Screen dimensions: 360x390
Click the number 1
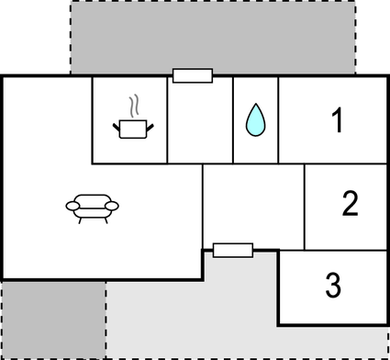pos(338,119)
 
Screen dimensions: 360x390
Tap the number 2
pos(350,204)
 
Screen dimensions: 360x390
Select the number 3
pos(333,286)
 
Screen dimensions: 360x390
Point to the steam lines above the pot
pos(134,103)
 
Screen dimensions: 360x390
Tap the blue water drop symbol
pos(255,120)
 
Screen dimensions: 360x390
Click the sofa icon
pos(92,208)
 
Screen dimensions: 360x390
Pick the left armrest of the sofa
pos(72,207)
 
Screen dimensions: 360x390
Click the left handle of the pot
pos(116,125)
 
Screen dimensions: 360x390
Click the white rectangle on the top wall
pos(193,75)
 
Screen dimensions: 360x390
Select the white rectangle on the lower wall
pos(232,250)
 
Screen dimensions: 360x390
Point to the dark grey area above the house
pos(213,37)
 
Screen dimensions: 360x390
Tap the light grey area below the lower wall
pos(202,317)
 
